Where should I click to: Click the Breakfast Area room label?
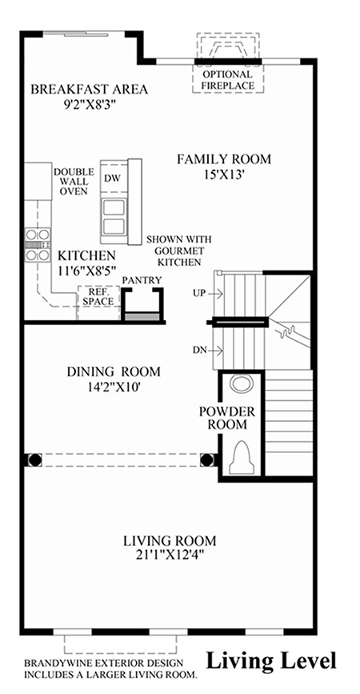click(x=90, y=89)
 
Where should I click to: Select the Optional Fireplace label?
click(x=228, y=80)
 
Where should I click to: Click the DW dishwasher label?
click(x=110, y=179)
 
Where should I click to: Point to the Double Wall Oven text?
click(x=74, y=182)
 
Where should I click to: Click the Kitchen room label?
click(x=87, y=255)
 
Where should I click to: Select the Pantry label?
click(x=142, y=280)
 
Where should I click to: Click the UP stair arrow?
click(x=215, y=293)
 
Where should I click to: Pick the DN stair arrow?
click(x=215, y=351)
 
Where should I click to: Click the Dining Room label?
click(x=114, y=371)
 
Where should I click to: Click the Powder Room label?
click(x=227, y=418)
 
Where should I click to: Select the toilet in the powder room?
click(x=242, y=456)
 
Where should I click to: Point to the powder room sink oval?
click(x=242, y=383)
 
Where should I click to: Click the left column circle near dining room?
click(x=35, y=459)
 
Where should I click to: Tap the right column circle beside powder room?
click(x=206, y=459)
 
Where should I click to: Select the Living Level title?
click(x=271, y=661)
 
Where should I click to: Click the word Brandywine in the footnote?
click(x=52, y=663)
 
